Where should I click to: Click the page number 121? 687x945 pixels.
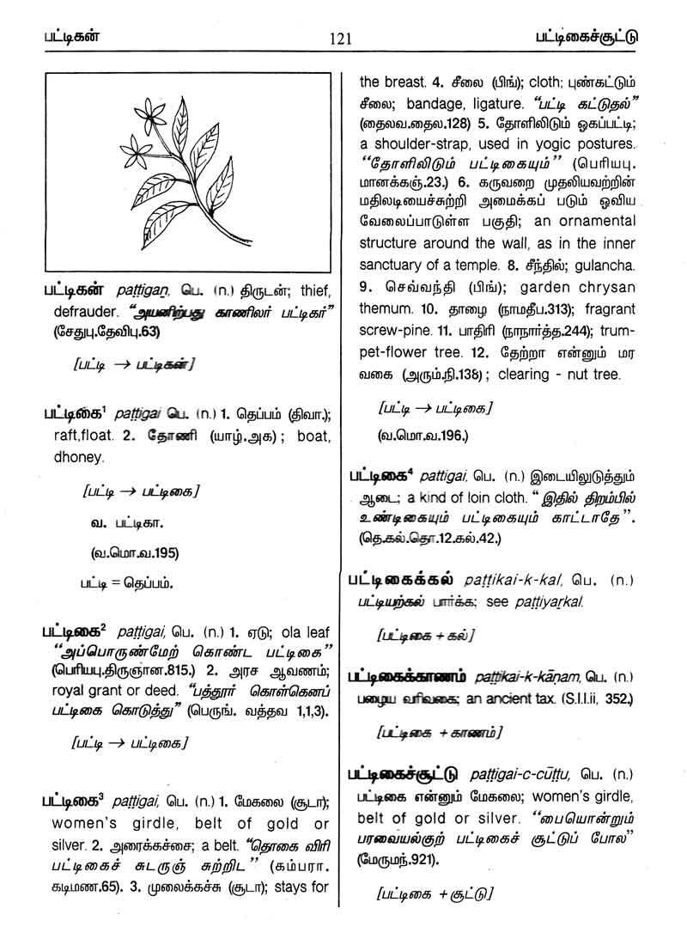point(341,38)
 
